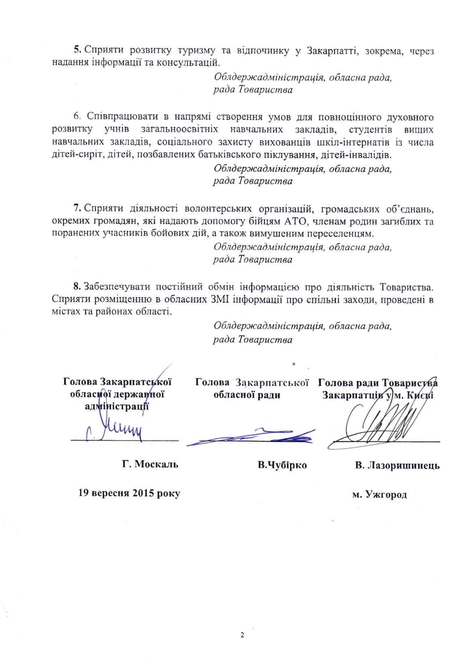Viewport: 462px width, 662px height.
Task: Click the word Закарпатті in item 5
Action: pos(335,51)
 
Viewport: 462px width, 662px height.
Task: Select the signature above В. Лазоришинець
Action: pos(381,423)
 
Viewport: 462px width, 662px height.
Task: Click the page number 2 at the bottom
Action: pos(242,634)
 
